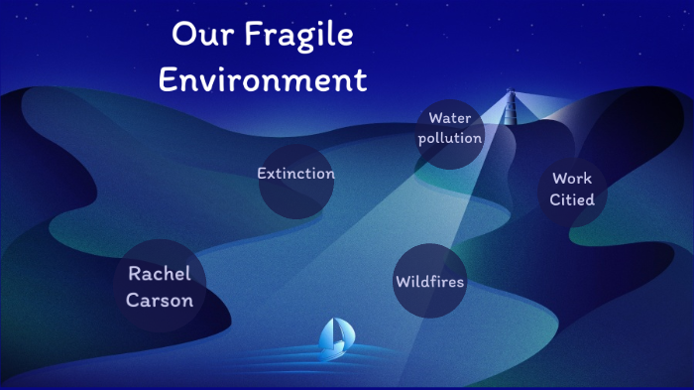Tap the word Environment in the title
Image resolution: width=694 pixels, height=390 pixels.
click(x=263, y=79)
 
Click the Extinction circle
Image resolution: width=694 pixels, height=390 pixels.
click(x=295, y=180)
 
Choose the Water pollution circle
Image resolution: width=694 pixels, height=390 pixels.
click(x=450, y=133)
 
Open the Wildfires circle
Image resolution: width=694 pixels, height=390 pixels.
click(x=429, y=281)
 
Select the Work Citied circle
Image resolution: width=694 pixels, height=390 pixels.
click(x=572, y=191)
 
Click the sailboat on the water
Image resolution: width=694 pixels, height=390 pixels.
click(x=331, y=337)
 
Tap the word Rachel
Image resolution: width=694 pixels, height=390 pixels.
click(x=160, y=274)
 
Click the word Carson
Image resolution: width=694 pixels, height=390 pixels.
click(x=160, y=299)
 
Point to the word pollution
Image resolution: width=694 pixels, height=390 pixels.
click(x=450, y=138)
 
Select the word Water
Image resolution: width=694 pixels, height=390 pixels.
click(x=449, y=119)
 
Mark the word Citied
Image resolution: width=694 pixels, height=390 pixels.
click(x=572, y=199)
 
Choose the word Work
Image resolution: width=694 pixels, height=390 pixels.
click(x=572, y=180)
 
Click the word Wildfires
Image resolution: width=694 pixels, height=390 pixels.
click(x=429, y=282)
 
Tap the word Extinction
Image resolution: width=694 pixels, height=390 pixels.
click(x=295, y=174)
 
